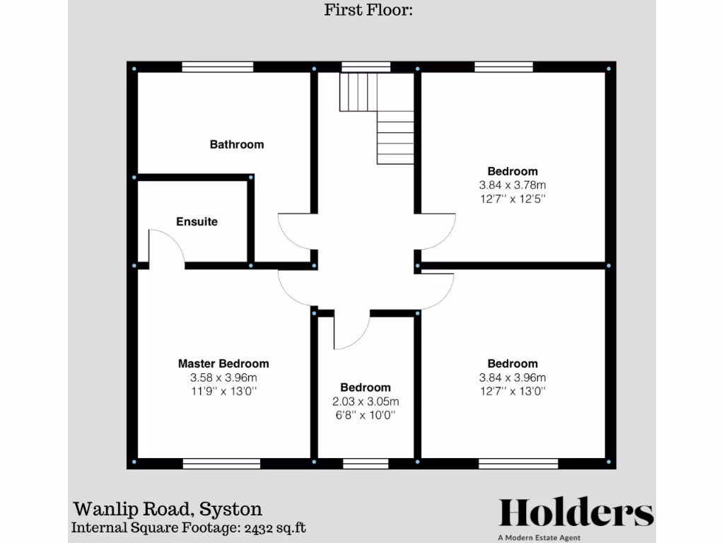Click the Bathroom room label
click(236, 144)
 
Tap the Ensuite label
click(197, 221)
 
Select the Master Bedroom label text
click(223, 363)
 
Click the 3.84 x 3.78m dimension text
click(513, 185)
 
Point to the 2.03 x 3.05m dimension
click(365, 402)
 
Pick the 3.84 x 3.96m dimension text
click(513, 378)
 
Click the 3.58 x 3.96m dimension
click(223, 378)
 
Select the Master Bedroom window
click(221, 463)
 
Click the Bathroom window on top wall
click(217, 67)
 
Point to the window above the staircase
click(366, 67)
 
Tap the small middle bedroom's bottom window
click(366, 463)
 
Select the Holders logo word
click(576, 513)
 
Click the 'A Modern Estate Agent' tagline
click(539, 538)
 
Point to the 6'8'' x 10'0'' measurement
click(365, 416)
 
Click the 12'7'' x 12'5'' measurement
click(513, 199)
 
